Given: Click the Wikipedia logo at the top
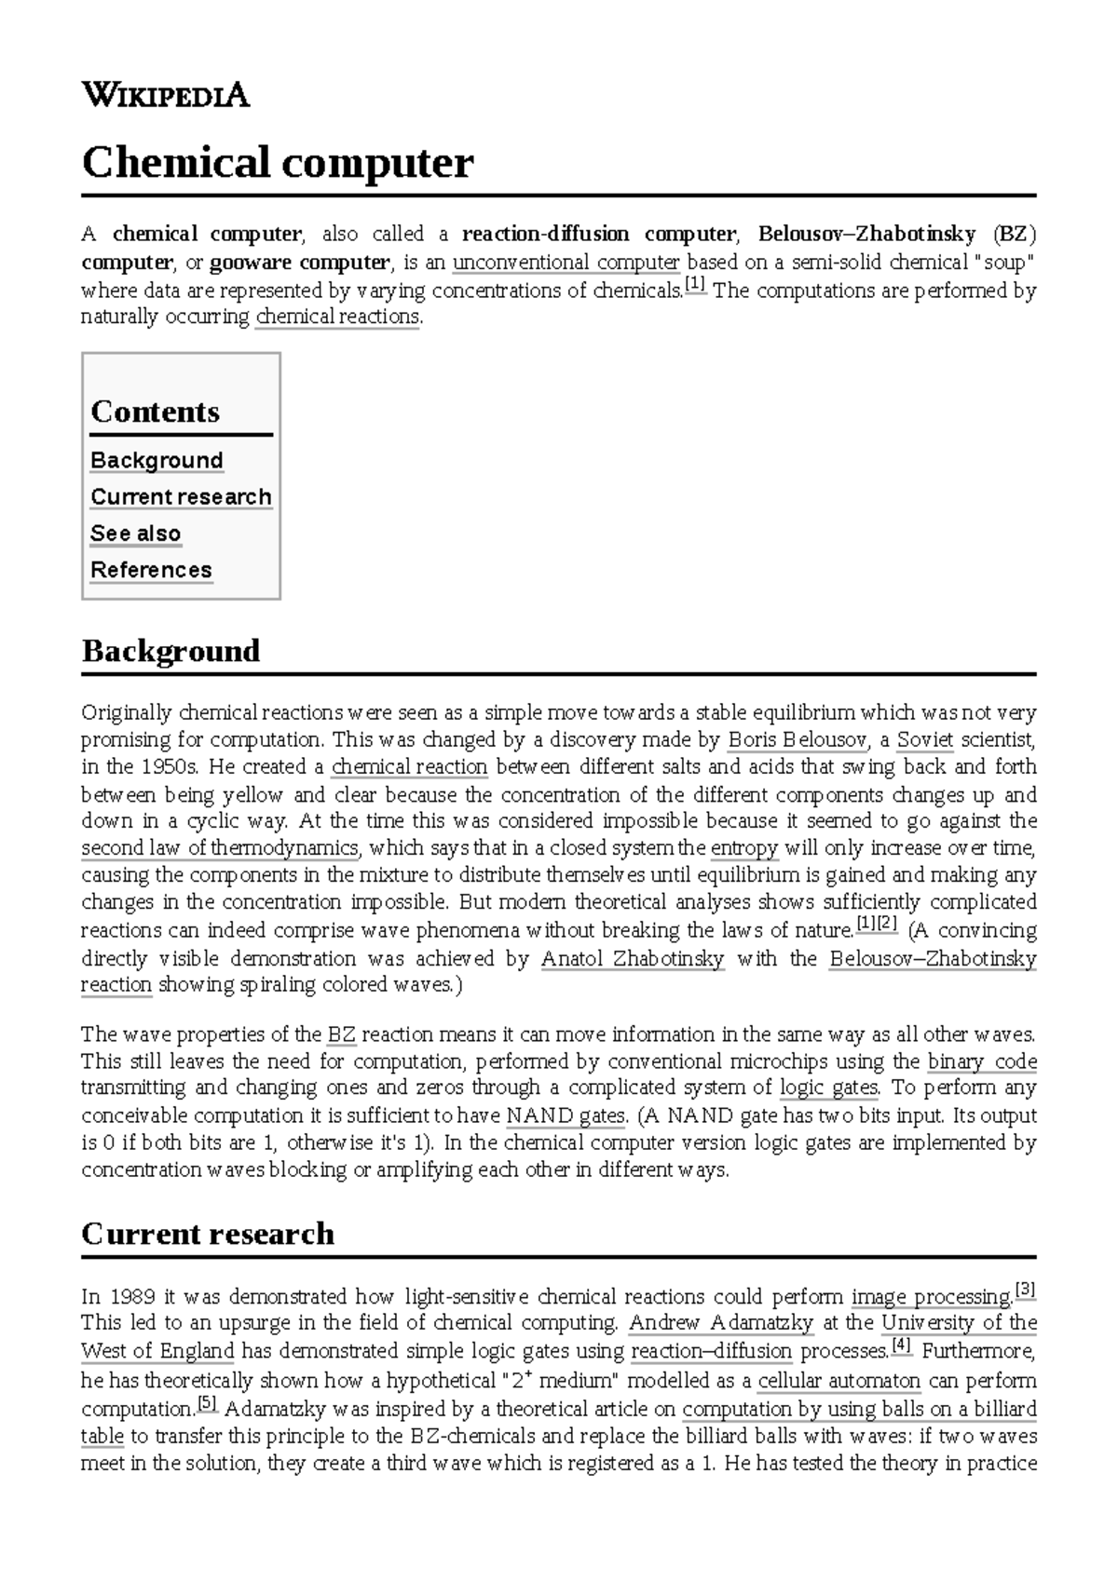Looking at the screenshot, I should point(166,94).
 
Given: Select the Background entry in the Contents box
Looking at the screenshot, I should point(157,460).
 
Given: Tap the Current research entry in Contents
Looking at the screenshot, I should point(181,496).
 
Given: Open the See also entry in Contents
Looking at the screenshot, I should point(136,534).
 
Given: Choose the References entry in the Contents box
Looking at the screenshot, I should point(151,570).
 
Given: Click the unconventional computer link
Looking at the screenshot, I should point(566,262).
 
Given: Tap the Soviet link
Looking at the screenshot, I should point(924,740).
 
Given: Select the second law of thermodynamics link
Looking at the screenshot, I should point(220,848).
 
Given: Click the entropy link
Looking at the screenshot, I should point(743,848).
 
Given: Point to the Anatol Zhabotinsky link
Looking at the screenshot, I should point(633,958).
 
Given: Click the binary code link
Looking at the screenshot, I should point(982,1061).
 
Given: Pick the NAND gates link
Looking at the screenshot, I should point(566,1115).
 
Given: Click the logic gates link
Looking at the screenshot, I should point(828,1088).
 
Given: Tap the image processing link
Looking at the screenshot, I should point(932,1297).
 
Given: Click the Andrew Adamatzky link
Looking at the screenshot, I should point(721,1323).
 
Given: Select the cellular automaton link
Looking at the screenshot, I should point(838,1380).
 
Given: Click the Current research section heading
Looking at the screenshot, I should point(208,1234).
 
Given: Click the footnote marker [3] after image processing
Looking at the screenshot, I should point(1026,1291).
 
